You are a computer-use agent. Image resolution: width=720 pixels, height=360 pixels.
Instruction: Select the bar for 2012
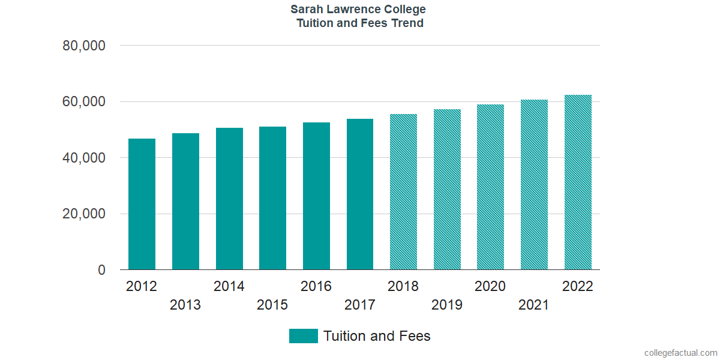[x=142, y=204]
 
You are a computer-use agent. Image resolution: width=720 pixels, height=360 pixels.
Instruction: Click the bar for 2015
[x=272, y=198]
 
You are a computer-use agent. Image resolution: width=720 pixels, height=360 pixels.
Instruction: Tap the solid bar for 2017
[x=360, y=194]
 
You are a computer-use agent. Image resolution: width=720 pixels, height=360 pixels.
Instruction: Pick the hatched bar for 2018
[x=403, y=192]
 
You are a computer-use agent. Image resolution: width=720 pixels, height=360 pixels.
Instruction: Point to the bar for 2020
[x=490, y=187]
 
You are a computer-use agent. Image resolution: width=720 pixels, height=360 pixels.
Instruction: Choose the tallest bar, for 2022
[x=578, y=182]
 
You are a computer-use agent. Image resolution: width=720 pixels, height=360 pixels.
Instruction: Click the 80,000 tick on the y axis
[x=84, y=46]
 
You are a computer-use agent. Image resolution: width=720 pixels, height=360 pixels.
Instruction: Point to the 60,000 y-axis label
[x=84, y=102]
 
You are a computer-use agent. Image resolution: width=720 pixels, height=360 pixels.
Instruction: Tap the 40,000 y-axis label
[x=84, y=158]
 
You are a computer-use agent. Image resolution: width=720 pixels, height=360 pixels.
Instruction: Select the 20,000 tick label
[x=84, y=214]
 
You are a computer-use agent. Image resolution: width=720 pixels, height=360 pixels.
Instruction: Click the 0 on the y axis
[x=102, y=271]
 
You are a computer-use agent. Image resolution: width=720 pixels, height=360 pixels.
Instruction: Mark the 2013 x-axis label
[x=185, y=305]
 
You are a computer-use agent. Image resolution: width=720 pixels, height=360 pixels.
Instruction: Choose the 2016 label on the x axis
[x=316, y=286]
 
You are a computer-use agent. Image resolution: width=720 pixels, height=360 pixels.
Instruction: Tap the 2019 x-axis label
[x=447, y=305]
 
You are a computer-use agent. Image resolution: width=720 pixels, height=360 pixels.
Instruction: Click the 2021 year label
[x=534, y=305]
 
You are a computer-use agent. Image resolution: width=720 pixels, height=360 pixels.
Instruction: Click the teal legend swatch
[x=303, y=336]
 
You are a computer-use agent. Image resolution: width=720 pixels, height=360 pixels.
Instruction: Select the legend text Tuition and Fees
[x=377, y=336]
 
